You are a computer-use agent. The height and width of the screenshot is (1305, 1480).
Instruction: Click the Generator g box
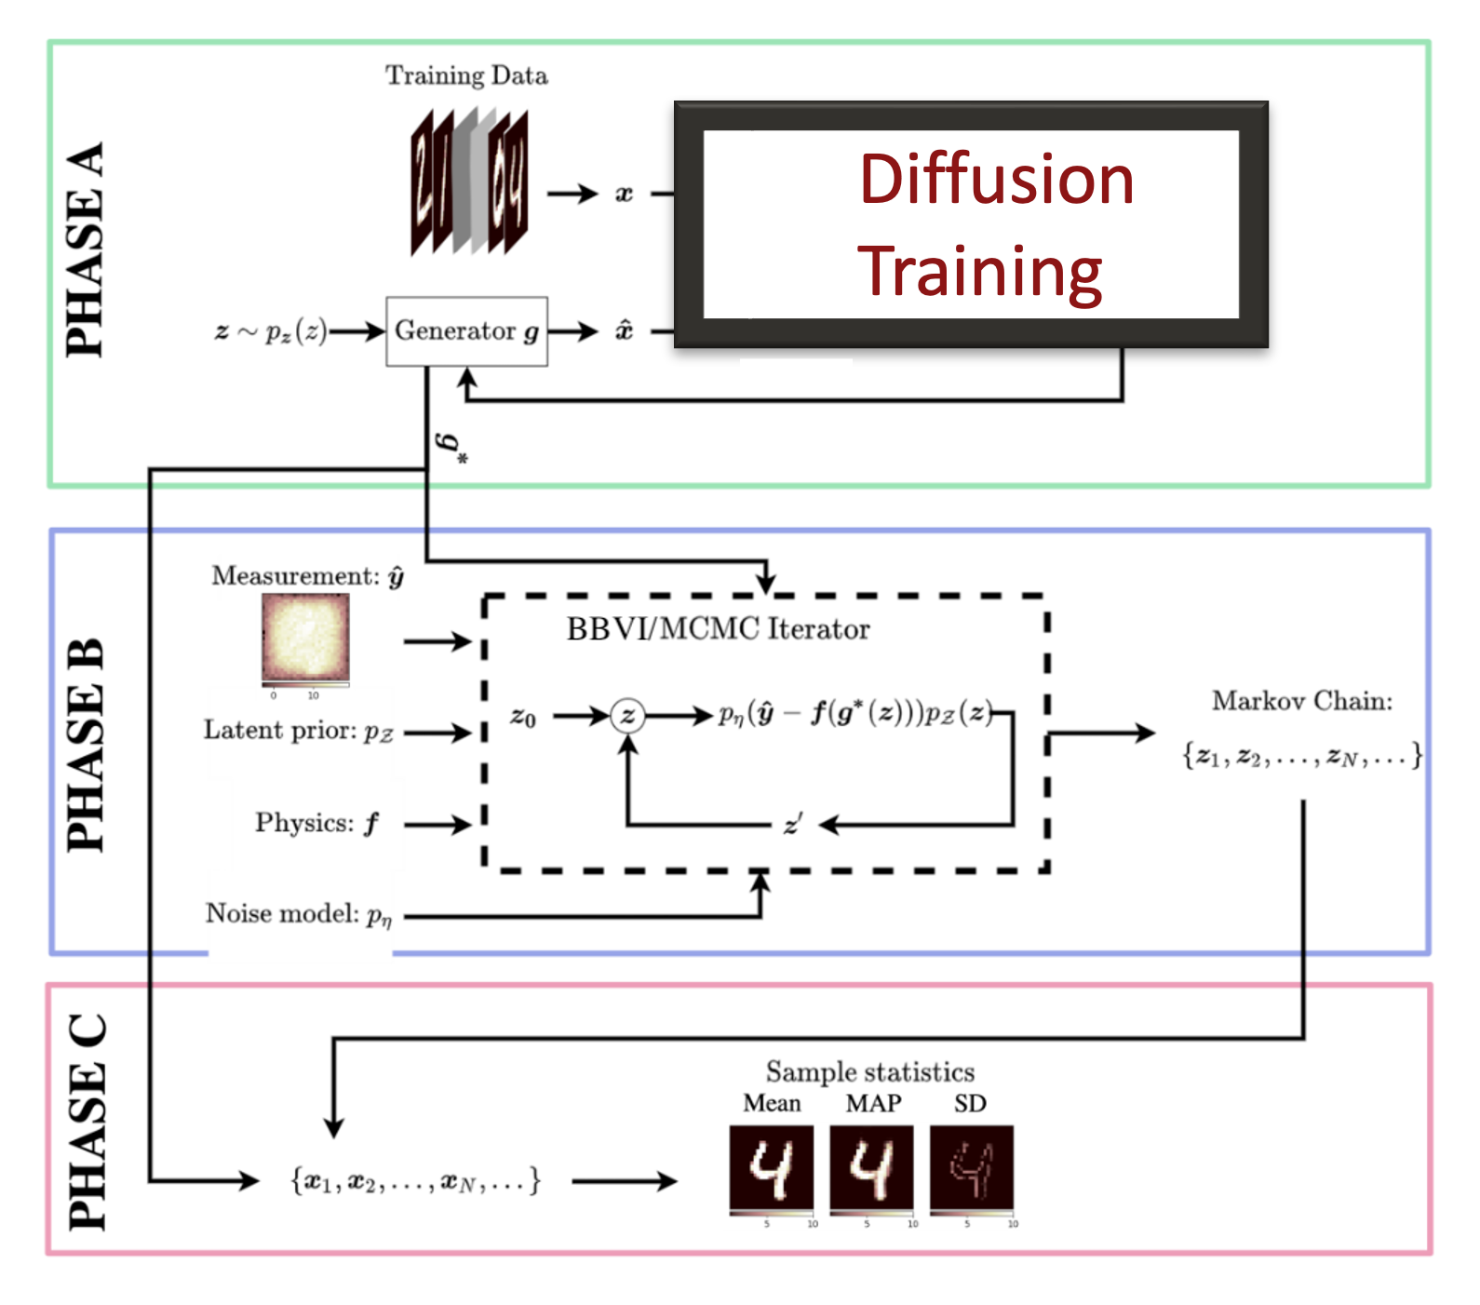pyautogui.click(x=466, y=331)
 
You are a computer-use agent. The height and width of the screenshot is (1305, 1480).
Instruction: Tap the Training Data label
pyautogui.click(x=466, y=75)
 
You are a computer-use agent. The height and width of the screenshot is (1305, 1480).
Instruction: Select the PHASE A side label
pyautogui.click(x=86, y=249)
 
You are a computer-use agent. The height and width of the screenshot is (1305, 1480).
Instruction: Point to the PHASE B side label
pyautogui.click(x=86, y=745)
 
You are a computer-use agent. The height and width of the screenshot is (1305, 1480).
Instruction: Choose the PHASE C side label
pyautogui.click(x=87, y=1122)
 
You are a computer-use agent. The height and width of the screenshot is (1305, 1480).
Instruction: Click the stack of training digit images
pyautogui.click(x=469, y=182)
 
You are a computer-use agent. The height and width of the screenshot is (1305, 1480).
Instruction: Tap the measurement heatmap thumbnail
pyautogui.click(x=305, y=639)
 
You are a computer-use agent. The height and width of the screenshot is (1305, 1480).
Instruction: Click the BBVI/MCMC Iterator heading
pyautogui.click(x=718, y=629)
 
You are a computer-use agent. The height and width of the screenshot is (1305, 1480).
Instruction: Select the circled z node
pyautogui.click(x=628, y=716)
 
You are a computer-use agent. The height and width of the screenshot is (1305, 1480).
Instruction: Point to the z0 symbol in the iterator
pyautogui.click(x=523, y=717)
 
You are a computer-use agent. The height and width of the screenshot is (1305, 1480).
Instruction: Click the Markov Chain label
pyautogui.click(x=1301, y=701)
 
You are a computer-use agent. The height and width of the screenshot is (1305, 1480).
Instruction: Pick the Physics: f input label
pyautogui.click(x=316, y=823)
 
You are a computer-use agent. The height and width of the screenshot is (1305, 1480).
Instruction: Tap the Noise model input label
pyautogui.click(x=299, y=914)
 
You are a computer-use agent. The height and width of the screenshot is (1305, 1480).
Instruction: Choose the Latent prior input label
pyautogui.click(x=299, y=731)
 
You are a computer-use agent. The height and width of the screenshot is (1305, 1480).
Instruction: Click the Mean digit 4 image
pyautogui.click(x=771, y=1168)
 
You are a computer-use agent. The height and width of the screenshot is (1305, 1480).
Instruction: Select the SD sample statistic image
pyautogui.click(x=972, y=1168)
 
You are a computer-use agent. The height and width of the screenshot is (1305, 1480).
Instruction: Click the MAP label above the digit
pyautogui.click(x=873, y=1104)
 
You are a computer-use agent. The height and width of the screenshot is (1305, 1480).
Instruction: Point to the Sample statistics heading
pyautogui.click(x=870, y=1072)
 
